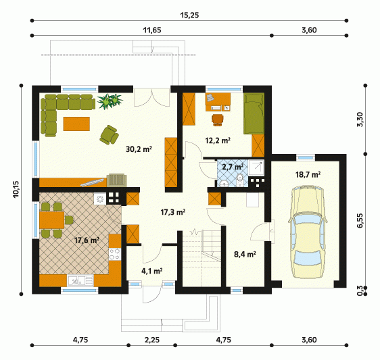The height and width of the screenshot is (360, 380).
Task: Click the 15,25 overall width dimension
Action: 189,16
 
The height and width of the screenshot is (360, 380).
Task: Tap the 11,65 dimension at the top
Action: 152,30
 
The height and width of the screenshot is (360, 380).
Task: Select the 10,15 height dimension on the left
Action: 16,189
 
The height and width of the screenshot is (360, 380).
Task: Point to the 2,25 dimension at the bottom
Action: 152,340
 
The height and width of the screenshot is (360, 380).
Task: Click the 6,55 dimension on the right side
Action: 360,220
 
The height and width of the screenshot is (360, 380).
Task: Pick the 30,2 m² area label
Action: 139,149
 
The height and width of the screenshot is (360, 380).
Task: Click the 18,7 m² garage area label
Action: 308,174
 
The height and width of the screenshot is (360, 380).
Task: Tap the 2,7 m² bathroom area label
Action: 233,167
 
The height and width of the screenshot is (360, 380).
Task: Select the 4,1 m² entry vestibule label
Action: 152,271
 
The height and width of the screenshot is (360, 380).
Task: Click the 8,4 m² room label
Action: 245,254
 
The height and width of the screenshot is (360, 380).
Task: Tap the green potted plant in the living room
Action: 110,101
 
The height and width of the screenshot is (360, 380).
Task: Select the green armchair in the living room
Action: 109,135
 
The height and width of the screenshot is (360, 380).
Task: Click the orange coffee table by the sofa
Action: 76,124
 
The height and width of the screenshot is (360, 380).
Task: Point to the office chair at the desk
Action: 218,120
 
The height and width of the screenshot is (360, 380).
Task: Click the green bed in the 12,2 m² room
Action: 254,114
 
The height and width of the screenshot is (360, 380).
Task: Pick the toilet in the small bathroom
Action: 240,180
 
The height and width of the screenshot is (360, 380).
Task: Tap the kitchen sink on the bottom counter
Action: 80,280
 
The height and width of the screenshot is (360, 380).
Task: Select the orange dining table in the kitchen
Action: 51,220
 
